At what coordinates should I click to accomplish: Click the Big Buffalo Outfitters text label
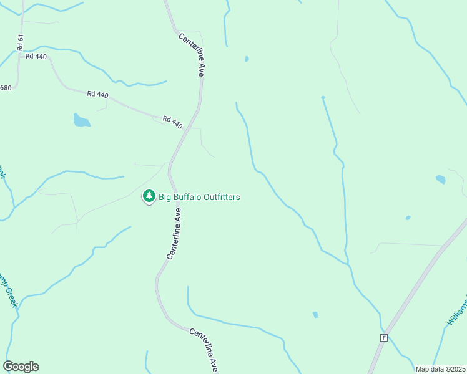tap(199, 198)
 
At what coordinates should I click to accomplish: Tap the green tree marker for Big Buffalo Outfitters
tap(149, 196)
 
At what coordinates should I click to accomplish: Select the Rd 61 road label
tap(21, 42)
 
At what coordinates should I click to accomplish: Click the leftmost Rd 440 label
tap(36, 56)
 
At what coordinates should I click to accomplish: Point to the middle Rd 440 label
tap(98, 95)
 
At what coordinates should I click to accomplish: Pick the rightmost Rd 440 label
tap(172, 122)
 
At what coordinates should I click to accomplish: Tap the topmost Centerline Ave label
tap(191, 56)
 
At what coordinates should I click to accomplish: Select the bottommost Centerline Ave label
tap(204, 350)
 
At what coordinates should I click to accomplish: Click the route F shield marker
tap(383, 337)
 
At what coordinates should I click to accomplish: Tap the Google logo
tap(21, 367)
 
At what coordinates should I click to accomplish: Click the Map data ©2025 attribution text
tap(440, 369)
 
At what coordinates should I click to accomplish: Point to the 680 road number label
tap(5, 88)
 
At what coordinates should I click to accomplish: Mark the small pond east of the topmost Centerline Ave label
tap(247, 59)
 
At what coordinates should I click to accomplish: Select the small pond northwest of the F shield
tap(315, 315)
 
